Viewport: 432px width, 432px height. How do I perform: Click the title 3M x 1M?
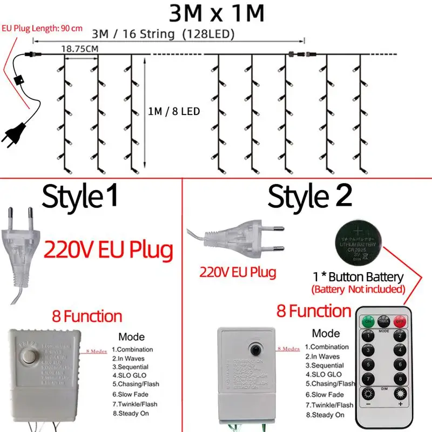[215, 13]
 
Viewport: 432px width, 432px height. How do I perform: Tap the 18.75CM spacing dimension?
[79, 49]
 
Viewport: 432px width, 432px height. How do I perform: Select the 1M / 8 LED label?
[174, 112]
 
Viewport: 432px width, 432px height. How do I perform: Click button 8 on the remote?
[400, 378]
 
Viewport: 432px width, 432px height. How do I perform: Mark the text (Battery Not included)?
[358, 289]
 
